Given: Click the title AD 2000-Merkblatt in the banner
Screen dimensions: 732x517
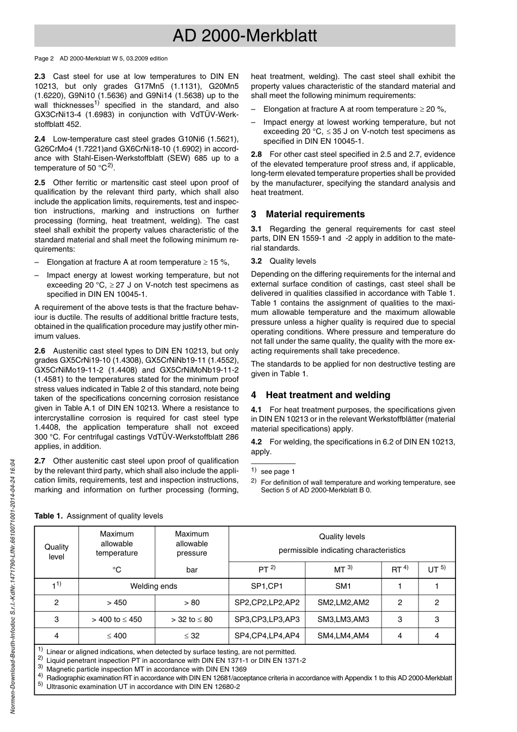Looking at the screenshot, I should pyautogui.click(x=244, y=36).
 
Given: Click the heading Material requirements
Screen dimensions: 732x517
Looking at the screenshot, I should pyautogui.click(x=315, y=214).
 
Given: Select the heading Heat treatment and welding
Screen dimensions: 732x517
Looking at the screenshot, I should pyautogui.click(x=328, y=395).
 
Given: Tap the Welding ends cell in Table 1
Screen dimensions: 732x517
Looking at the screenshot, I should pyautogui.click(x=154, y=586).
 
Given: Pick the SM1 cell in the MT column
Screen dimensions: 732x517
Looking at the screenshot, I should pyautogui.click(x=343, y=586).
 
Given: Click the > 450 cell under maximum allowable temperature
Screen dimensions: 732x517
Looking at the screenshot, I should pyautogui.click(x=116, y=602).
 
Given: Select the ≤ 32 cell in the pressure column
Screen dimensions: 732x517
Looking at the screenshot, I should pyautogui.click(x=192, y=636).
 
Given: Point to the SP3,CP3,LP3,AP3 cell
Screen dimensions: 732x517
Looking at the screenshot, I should pyautogui.click(x=267, y=619).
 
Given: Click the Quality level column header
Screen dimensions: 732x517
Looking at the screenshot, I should pyautogui.click(x=57, y=551).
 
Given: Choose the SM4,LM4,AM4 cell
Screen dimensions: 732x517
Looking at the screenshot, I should pyautogui.click(x=343, y=636).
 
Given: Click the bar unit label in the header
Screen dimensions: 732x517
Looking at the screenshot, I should pyautogui.click(x=192, y=570).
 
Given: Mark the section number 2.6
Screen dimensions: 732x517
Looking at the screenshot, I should pyautogui.click(x=40, y=351).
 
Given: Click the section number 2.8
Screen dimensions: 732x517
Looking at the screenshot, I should pyautogui.click(x=256, y=154).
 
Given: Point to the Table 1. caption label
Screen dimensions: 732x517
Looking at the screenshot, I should pyautogui.click(x=48, y=516).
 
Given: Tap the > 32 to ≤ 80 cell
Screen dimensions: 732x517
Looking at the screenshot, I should pyautogui.click(x=192, y=619).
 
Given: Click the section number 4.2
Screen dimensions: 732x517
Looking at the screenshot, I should pyautogui.click(x=256, y=442).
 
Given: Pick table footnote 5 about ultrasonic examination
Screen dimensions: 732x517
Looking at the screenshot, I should pyautogui.click(x=143, y=686).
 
